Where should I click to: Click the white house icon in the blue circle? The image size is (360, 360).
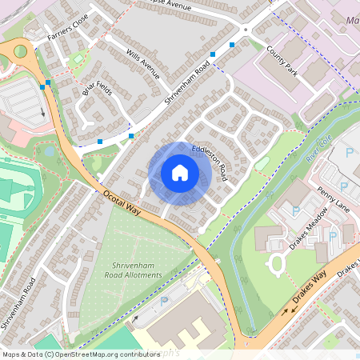coord(180,172)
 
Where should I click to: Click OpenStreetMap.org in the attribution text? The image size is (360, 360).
coord(94,354)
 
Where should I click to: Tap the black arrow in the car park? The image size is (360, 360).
coord(42,112)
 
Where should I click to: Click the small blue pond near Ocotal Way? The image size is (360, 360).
coord(49,150)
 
